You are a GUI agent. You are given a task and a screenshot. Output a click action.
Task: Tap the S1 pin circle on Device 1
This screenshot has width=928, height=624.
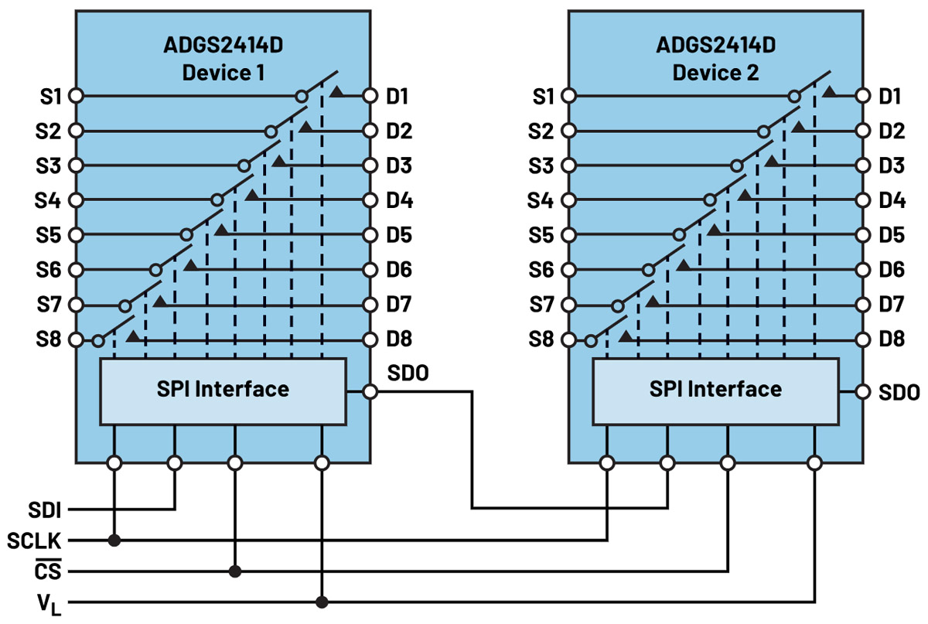coord(76,96)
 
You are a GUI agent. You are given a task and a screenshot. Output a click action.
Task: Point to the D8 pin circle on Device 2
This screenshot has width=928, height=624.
coord(862,339)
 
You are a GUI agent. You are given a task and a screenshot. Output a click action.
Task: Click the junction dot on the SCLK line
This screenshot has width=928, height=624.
coord(114,540)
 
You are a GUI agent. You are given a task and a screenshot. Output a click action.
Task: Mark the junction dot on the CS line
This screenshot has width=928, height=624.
coord(235,571)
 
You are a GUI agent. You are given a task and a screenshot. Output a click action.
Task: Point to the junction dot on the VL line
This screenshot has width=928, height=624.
coord(322,602)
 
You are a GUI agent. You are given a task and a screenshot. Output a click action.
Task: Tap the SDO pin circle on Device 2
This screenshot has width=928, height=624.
coord(862,392)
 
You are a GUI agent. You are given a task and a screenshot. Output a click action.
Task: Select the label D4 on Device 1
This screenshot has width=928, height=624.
coord(399,200)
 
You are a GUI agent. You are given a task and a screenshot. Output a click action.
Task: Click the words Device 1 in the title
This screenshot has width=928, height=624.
coord(223,73)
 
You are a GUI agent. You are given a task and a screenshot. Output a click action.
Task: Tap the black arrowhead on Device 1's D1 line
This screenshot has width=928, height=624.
coord(336,91)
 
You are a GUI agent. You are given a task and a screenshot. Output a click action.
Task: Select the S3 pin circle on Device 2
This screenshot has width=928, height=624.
coord(568,165)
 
